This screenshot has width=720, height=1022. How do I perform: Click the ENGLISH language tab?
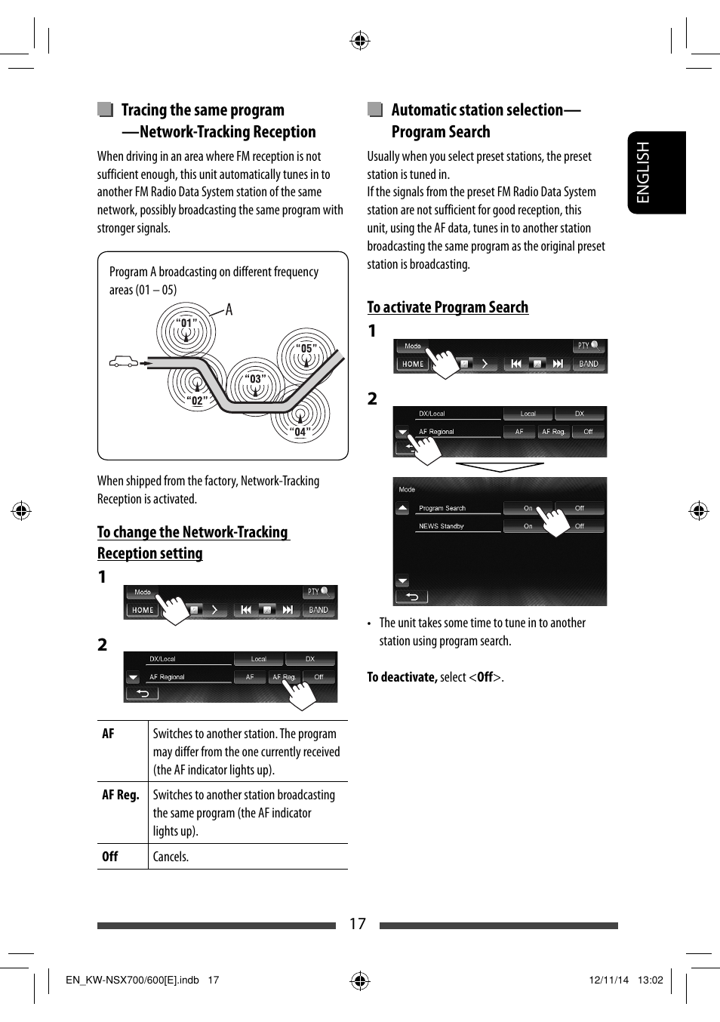click(656, 173)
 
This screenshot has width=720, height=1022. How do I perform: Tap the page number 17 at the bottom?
click(357, 924)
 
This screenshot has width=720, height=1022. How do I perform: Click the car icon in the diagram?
click(124, 362)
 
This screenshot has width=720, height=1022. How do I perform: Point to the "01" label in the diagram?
click(186, 323)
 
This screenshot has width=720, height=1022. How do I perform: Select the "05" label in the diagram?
click(306, 349)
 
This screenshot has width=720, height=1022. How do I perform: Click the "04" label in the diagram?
click(300, 432)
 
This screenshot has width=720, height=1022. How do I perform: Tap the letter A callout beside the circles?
click(229, 310)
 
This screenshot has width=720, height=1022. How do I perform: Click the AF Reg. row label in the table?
click(121, 795)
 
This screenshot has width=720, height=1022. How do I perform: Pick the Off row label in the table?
click(110, 857)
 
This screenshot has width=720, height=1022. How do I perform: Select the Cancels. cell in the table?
click(171, 857)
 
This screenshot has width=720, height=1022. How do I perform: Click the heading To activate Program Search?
click(448, 307)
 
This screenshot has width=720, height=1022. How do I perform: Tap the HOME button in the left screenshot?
click(143, 610)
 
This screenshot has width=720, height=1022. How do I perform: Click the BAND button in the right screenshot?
click(588, 364)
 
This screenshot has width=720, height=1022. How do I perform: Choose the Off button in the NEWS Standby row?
click(580, 526)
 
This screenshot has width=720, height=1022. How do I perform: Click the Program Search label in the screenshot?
click(442, 508)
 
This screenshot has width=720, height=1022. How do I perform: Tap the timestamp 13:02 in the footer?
click(650, 980)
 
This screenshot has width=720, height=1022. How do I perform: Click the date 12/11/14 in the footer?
click(608, 980)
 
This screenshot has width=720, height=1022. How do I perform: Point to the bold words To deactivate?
click(402, 677)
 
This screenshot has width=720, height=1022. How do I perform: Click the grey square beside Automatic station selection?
click(375, 109)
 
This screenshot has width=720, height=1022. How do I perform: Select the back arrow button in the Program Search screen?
click(412, 596)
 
